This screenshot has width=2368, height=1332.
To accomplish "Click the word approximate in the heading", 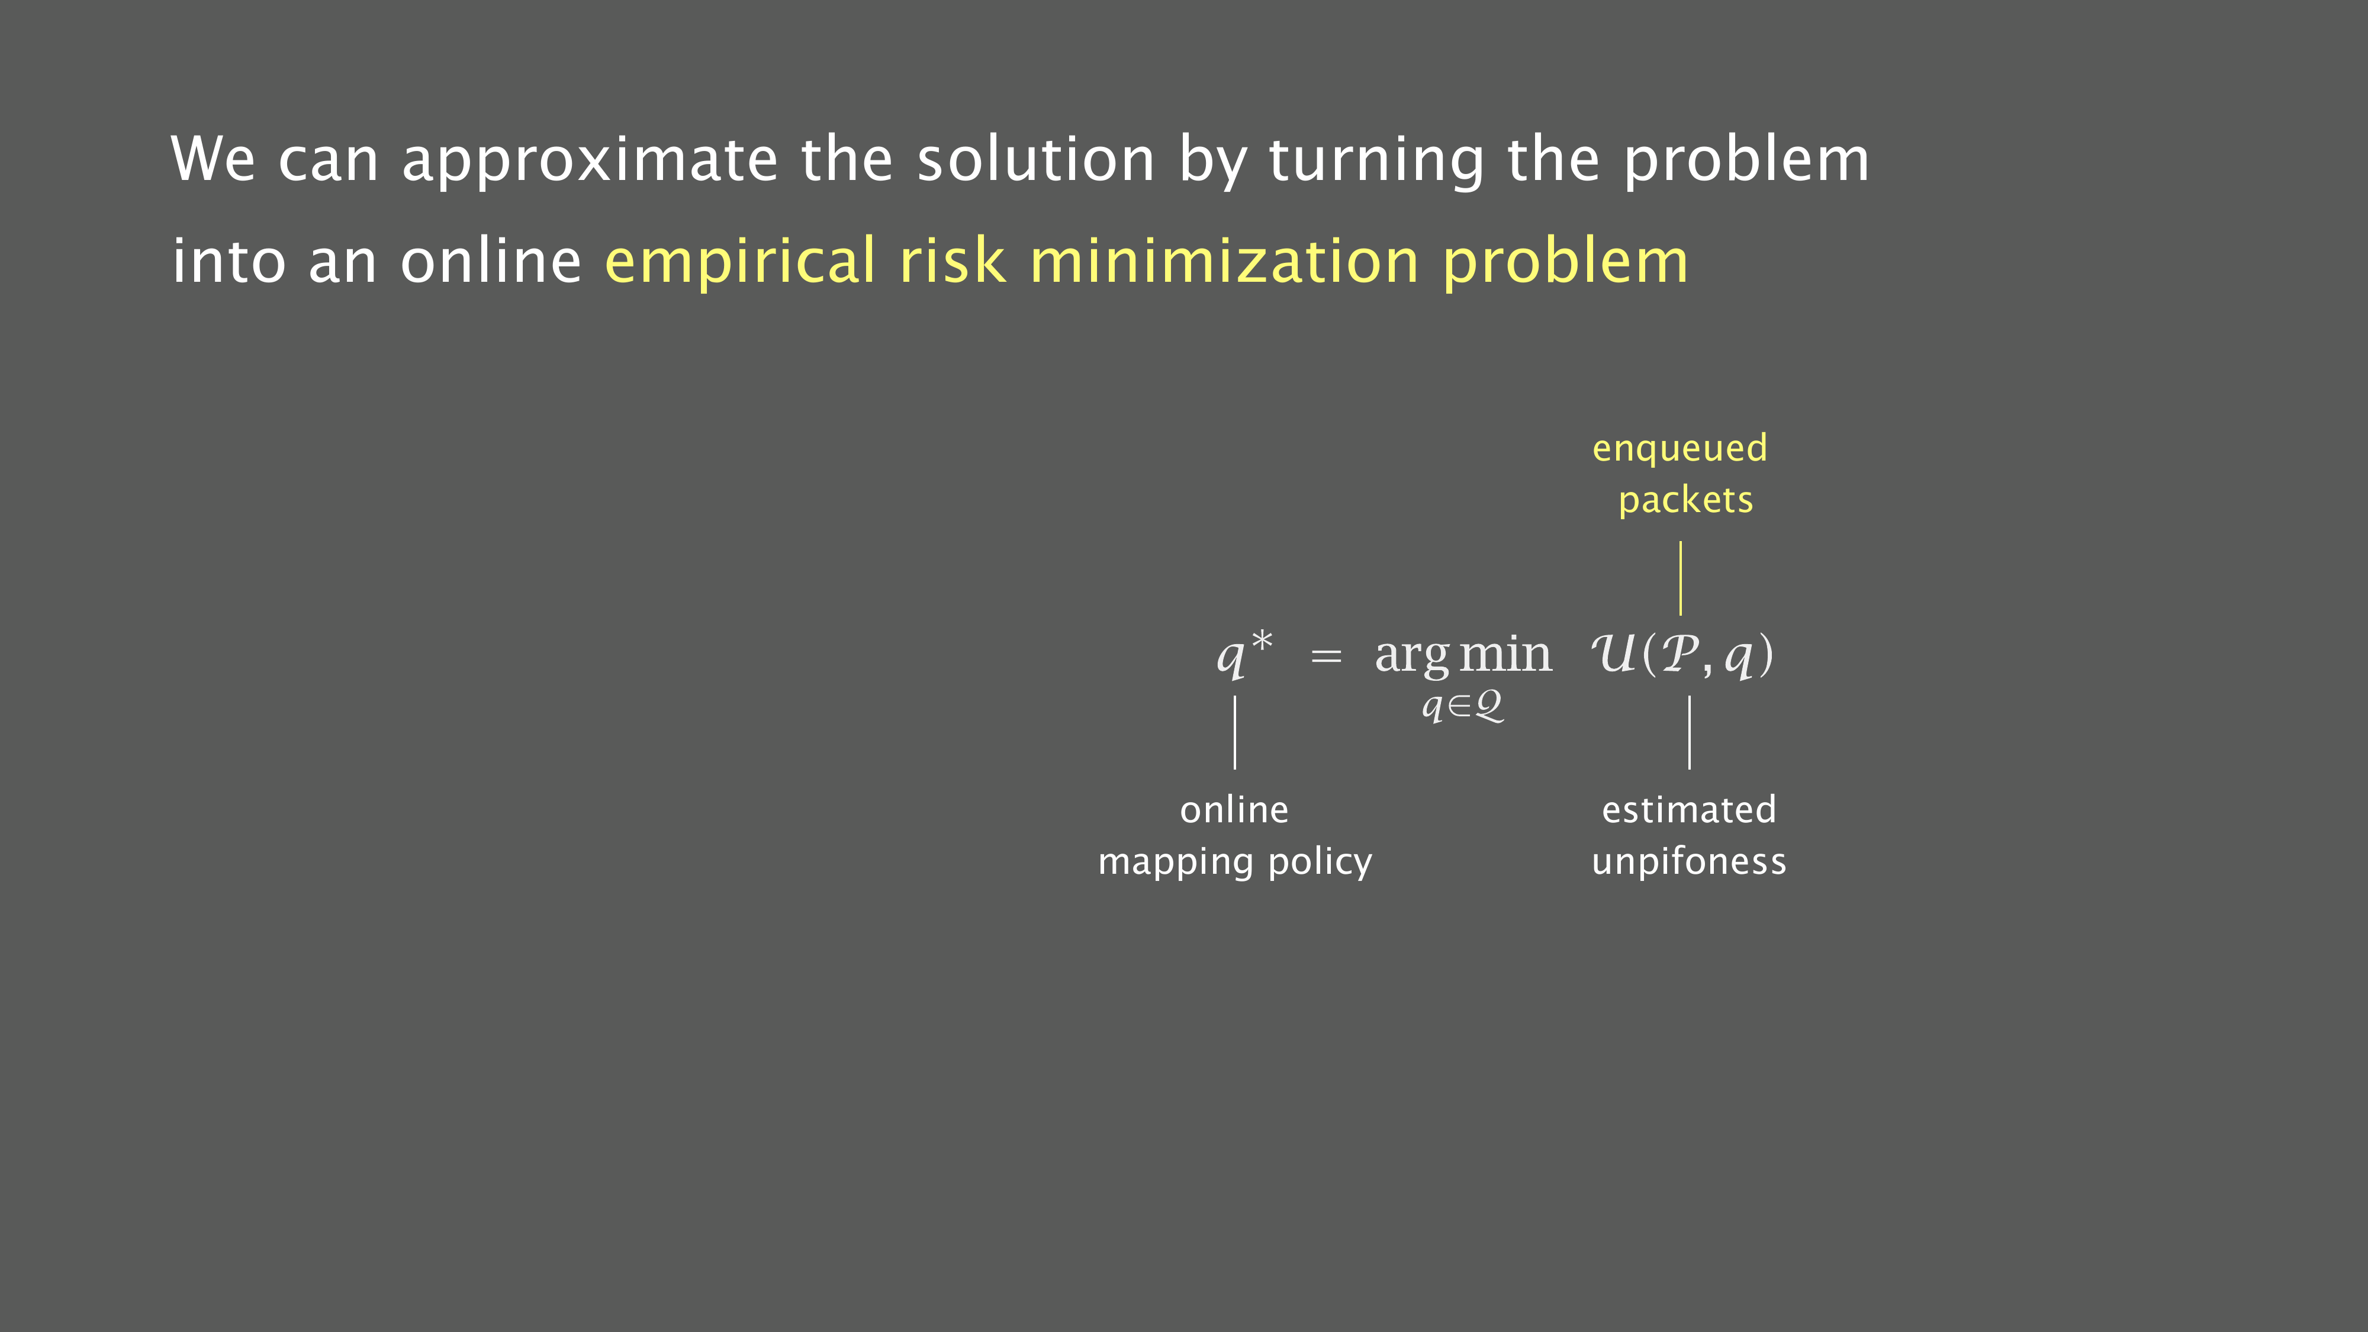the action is (590, 161).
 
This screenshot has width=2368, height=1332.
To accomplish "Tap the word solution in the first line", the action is (1036, 158).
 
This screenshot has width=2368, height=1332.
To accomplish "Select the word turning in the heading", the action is (1376, 161).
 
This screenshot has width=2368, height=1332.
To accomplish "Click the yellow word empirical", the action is (740, 262).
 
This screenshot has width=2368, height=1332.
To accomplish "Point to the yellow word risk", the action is (953, 260).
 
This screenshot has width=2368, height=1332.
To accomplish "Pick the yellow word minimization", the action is (1224, 260).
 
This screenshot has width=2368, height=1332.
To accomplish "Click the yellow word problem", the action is (1565, 262).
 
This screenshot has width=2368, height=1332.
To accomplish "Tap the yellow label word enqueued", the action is (1680, 449).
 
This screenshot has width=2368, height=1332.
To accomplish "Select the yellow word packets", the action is (1686, 501).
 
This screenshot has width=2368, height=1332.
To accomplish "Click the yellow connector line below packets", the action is (1681, 578).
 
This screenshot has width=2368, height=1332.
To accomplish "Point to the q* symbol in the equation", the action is (1244, 654).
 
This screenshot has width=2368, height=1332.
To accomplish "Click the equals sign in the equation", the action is (1325, 657).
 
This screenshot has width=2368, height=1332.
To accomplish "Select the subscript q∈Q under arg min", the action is (1462, 706).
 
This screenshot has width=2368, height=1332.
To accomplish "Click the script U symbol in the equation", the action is (1615, 654).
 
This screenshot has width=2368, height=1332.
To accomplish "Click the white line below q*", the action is (1234, 733).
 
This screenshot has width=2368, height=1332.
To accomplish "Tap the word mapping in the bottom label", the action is (1177, 863).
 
